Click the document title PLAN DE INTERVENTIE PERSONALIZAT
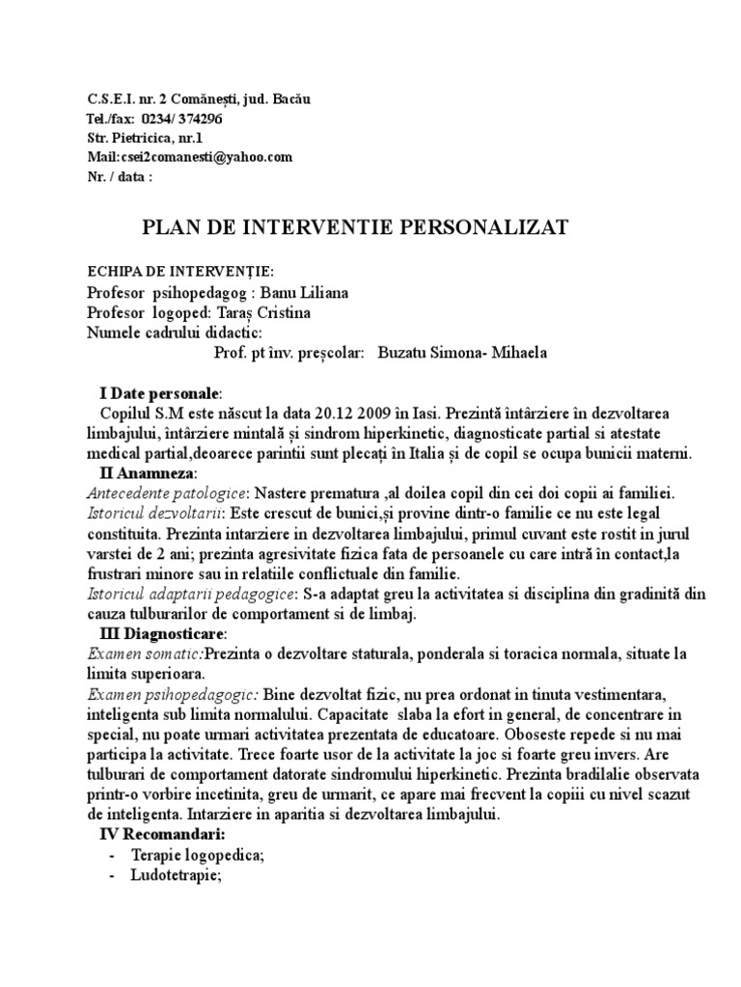click(356, 227)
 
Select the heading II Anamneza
click(148, 473)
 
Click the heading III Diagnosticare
click(163, 633)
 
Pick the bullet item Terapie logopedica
click(201, 855)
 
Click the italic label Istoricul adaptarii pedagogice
click(180, 594)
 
